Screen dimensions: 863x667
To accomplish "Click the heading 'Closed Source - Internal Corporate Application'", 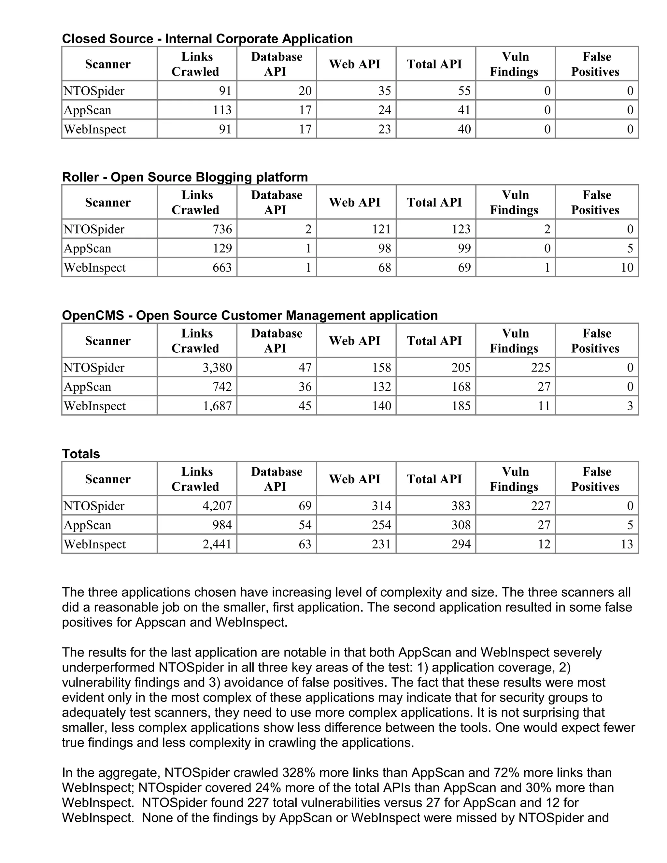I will tap(207, 39).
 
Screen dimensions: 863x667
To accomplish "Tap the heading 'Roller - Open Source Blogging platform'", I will tap(185, 177).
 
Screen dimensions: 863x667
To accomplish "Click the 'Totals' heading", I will tap(81, 454).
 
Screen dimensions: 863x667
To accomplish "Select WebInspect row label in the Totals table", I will tap(95, 544).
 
